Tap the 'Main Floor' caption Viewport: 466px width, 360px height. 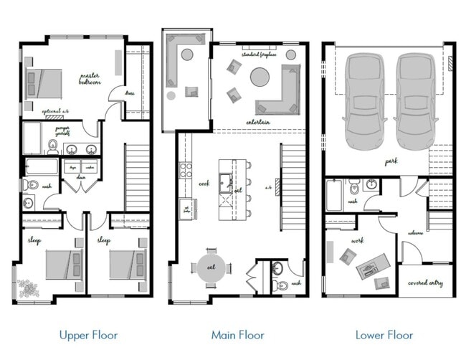(237, 335)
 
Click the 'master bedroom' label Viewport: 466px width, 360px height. (90, 79)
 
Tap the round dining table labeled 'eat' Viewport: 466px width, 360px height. (211, 267)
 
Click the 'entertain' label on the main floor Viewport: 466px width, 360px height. (257, 123)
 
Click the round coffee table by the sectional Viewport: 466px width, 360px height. (260, 76)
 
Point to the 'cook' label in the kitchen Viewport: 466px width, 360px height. (204, 184)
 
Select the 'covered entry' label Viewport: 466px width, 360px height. (426, 283)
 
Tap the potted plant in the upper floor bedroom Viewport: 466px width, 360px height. (29, 287)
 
